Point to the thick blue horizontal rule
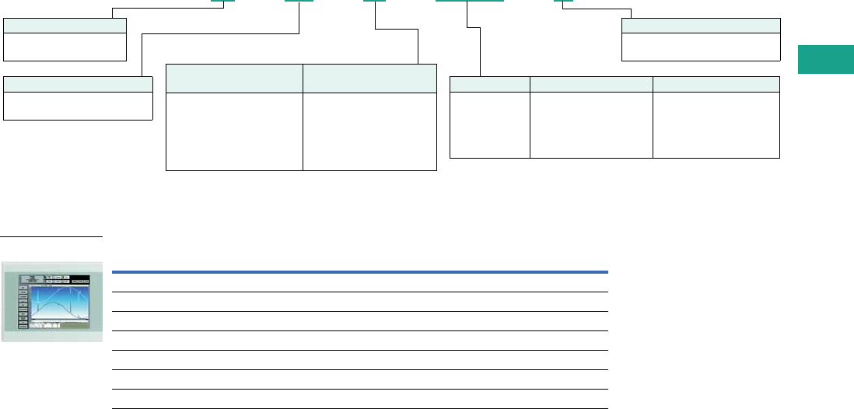tap(359, 272)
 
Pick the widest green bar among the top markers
tap(469, 2)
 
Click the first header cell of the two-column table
tap(234, 78)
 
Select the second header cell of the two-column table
tap(369, 78)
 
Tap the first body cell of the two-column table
tap(234, 131)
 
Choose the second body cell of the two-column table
tap(369, 131)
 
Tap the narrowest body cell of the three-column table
tap(490, 125)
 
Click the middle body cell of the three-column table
tap(591, 125)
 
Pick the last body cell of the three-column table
tap(716, 125)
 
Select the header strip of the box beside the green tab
tap(701, 25)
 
